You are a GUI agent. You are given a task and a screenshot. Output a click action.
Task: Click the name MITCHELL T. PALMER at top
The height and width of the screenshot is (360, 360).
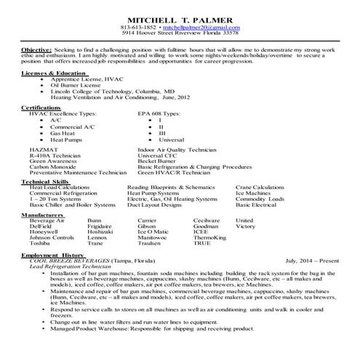(x=180, y=17)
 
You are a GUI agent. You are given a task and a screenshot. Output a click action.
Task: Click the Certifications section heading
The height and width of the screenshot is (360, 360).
(x=41, y=107)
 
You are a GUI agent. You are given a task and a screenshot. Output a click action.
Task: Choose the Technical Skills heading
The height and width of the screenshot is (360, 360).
(x=45, y=181)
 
